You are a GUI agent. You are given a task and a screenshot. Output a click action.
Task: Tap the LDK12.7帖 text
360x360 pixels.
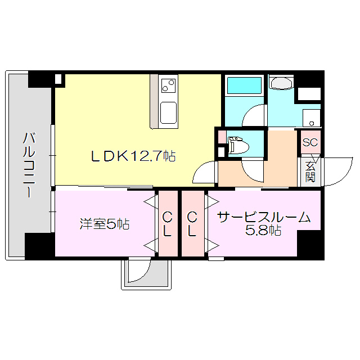click(x=133, y=156)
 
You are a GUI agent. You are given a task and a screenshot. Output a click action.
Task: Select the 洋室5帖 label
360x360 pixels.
click(x=104, y=224)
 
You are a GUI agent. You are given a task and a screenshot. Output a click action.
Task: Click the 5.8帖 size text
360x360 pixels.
click(x=264, y=231)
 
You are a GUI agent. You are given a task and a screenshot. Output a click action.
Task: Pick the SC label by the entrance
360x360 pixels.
click(x=310, y=142)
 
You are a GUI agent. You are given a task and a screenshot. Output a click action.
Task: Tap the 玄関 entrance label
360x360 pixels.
click(x=310, y=172)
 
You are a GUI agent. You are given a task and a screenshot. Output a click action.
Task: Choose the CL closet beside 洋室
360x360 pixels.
click(x=167, y=224)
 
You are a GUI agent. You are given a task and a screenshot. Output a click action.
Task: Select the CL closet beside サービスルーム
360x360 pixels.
click(x=192, y=224)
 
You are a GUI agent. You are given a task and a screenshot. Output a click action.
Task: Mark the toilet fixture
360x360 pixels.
click(x=238, y=146)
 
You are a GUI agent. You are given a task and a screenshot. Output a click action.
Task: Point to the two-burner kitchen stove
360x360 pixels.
click(x=168, y=87)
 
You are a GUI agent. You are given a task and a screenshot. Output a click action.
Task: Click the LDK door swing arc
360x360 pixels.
click(x=204, y=172)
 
